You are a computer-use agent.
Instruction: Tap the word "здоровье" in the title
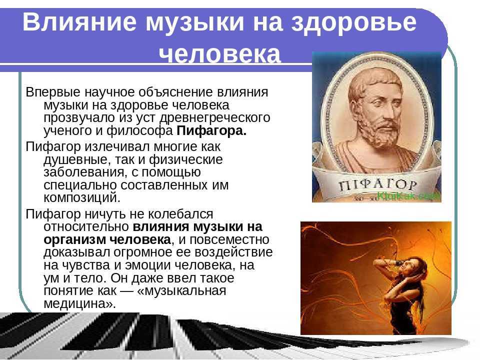click(x=353, y=23)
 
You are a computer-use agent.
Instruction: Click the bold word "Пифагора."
click(x=211, y=130)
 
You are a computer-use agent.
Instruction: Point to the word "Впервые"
click(x=53, y=92)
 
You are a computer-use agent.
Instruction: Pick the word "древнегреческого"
click(x=215, y=118)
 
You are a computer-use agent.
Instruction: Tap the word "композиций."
click(x=82, y=198)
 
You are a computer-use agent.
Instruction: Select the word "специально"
click(x=80, y=185)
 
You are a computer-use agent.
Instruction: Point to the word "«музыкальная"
click(x=182, y=290)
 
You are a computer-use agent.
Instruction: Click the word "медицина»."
click(x=80, y=303)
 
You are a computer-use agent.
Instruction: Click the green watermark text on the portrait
click(x=408, y=195)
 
